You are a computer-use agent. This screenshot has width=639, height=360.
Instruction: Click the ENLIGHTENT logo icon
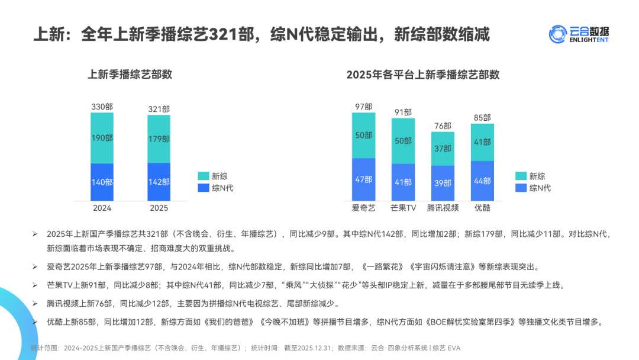point(558,34)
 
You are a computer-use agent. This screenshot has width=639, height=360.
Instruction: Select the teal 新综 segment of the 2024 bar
point(102,138)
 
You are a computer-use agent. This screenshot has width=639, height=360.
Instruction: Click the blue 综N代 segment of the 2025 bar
point(159,182)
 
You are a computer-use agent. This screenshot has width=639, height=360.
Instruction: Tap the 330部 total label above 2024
point(102,107)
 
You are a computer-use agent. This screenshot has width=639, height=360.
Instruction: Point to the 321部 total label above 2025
point(159,110)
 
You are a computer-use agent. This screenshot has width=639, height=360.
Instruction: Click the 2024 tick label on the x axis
point(102,208)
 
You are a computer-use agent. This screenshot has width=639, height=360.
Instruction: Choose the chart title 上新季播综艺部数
point(130,75)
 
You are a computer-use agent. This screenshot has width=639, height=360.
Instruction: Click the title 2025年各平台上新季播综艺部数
point(422,75)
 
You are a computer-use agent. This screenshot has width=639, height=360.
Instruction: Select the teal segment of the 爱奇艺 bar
point(363,135)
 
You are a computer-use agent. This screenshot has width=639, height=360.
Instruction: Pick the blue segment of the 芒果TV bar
point(403,182)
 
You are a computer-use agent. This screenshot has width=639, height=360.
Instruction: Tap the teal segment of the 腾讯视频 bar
point(443,148)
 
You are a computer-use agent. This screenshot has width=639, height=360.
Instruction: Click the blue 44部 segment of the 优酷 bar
point(482,181)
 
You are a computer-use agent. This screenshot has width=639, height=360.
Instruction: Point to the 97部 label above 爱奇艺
point(363,107)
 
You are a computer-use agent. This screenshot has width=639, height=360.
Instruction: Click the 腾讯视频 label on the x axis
point(443,208)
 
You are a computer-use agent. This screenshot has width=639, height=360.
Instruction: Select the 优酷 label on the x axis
point(482,208)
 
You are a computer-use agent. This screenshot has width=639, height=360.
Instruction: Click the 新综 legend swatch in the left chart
point(203,176)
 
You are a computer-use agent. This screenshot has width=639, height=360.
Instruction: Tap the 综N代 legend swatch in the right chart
point(521,188)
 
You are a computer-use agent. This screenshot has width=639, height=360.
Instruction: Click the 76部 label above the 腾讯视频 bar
point(443,126)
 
